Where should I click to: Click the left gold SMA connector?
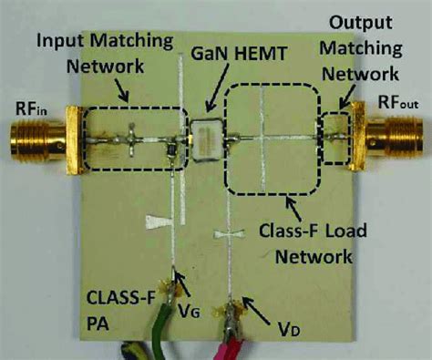[x=36, y=142]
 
